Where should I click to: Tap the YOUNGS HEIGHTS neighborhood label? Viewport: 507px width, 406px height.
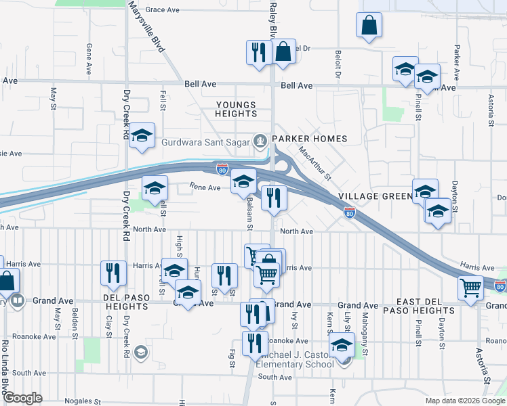(x=236, y=110)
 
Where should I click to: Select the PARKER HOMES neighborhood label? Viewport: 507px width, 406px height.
(x=310, y=139)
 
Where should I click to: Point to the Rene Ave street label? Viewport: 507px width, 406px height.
(x=205, y=187)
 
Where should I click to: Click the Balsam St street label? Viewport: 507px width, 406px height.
(x=249, y=210)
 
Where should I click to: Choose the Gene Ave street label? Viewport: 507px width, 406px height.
(x=89, y=59)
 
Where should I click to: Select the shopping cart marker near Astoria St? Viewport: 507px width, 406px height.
(x=470, y=287)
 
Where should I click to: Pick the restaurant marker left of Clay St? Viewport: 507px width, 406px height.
(x=113, y=272)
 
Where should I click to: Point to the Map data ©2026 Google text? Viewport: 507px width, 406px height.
(x=465, y=401)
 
